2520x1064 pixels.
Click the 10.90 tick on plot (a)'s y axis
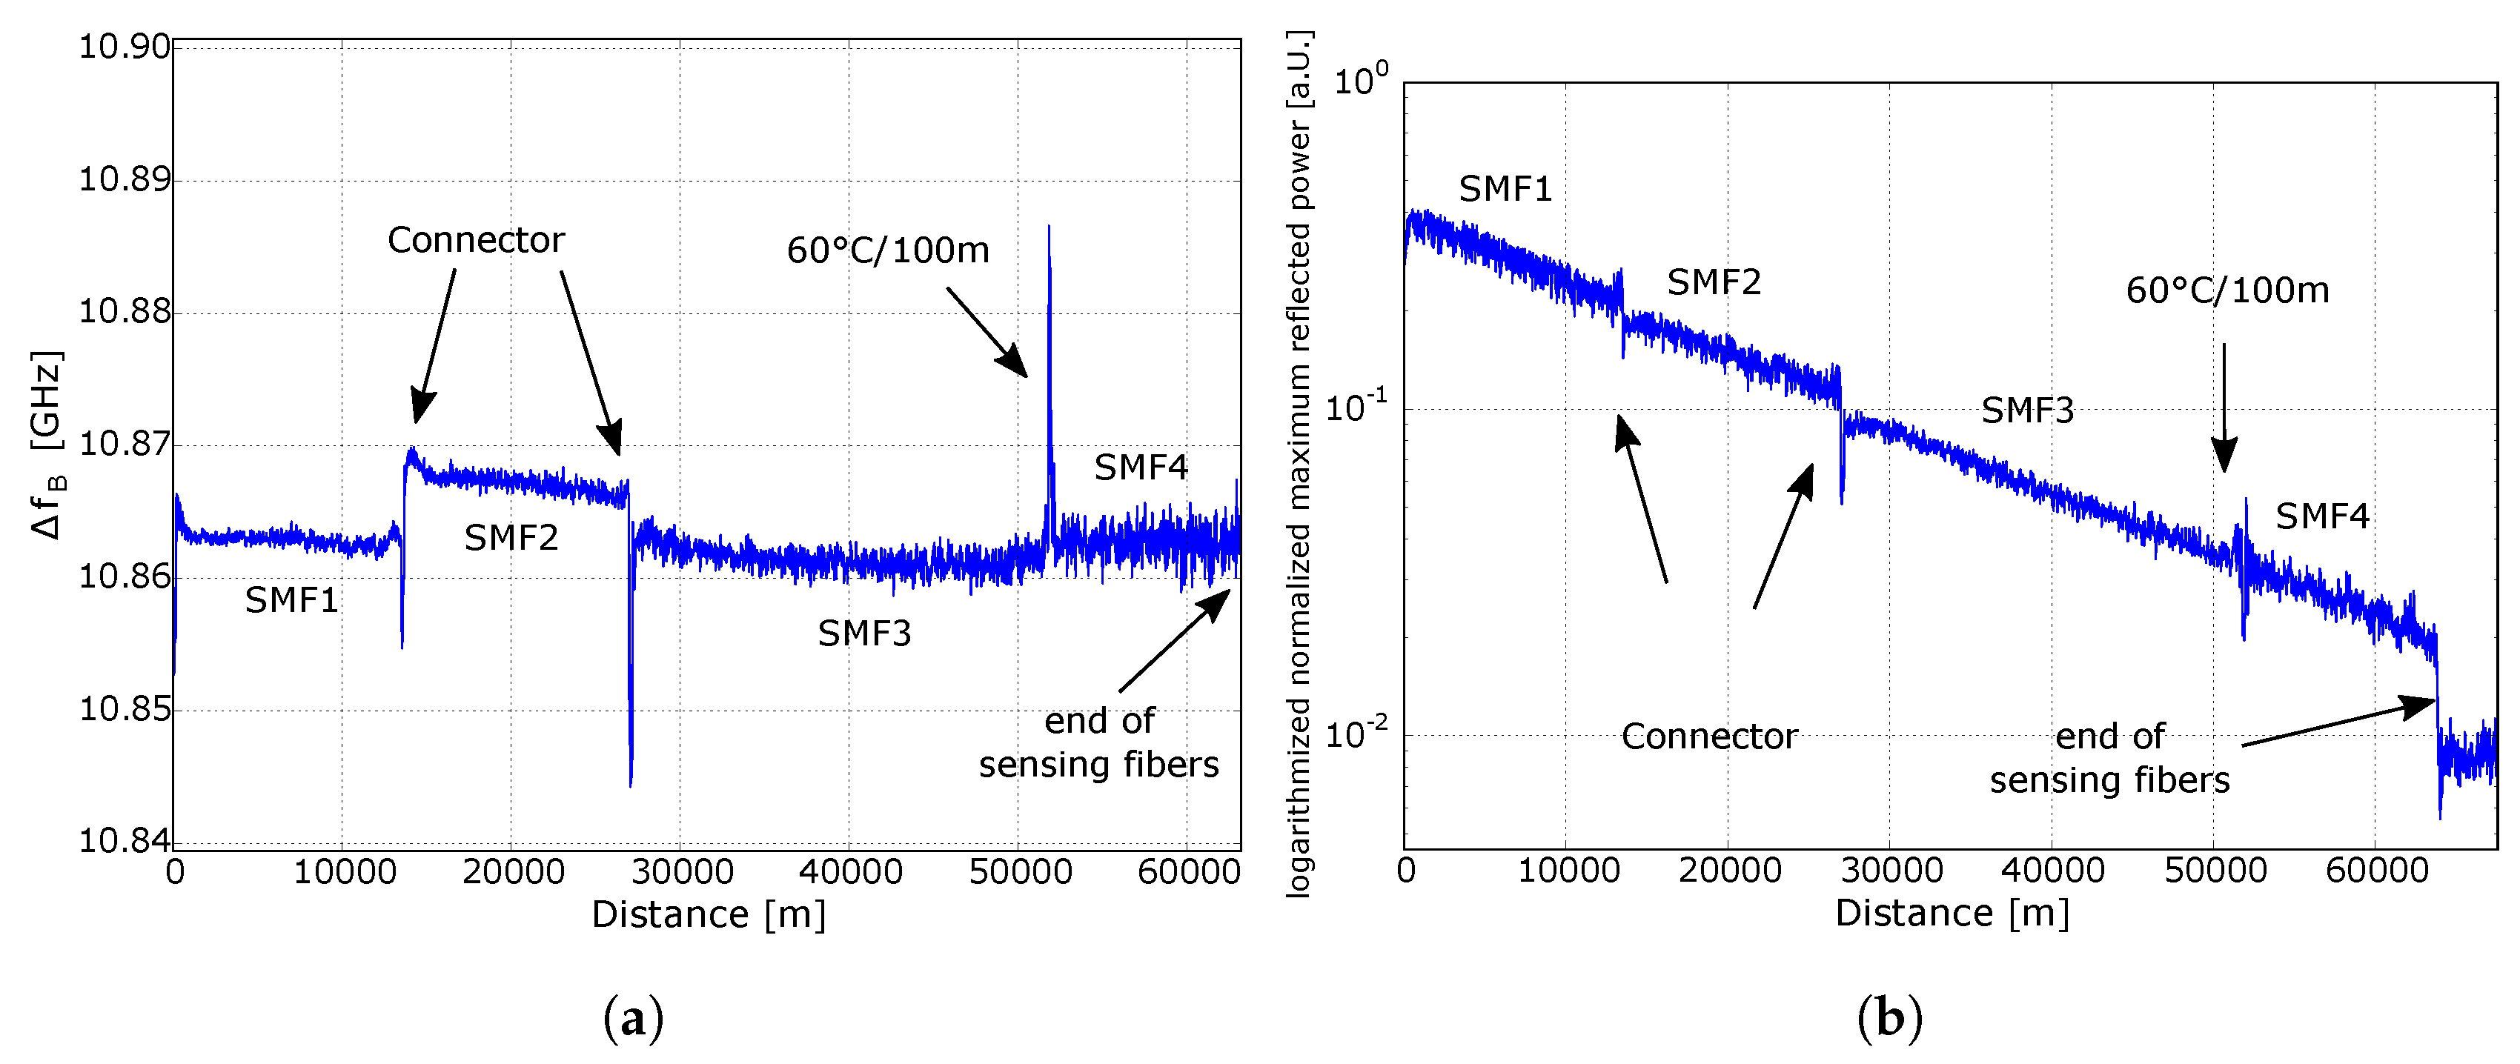click(125, 46)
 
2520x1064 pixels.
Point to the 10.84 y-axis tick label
click(125, 840)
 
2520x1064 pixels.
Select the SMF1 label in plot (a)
click(291, 599)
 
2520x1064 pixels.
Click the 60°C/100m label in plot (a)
click(887, 250)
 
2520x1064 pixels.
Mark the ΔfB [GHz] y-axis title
click(47, 445)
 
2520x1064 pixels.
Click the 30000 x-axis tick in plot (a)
click(681, 871)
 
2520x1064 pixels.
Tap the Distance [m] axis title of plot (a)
click(709, 914)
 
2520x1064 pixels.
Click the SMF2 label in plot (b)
click(1713, 282)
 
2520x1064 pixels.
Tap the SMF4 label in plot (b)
click(2321, 516)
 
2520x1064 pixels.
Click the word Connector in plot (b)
click(1709, 737)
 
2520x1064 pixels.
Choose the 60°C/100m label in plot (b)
click(2226, 290)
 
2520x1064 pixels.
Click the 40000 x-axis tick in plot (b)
click(2052, 871)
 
